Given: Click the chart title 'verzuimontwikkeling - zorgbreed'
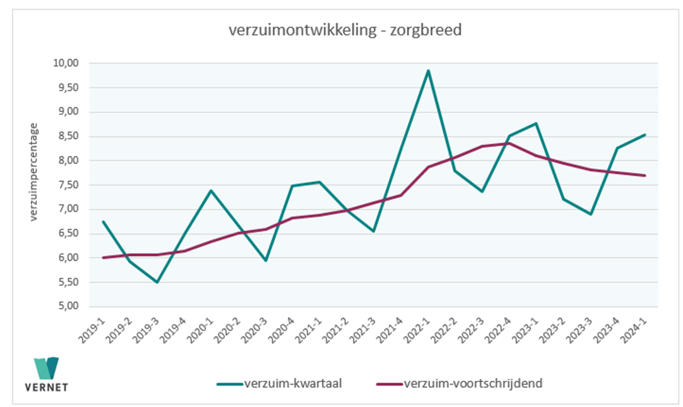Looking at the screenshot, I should pyautogui.click(x=345, y=30).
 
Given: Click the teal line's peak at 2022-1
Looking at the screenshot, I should pyautogui.click(x=428, y=70).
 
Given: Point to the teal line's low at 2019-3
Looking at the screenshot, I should pyautogui.click(x=157, y=282).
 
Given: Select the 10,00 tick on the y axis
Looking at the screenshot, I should pyautogui.click(x=67, y=63).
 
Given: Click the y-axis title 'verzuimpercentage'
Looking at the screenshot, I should pyautogui.click(x=34, y=172).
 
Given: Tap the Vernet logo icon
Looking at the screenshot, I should pyautogui.click(x=46, y=368).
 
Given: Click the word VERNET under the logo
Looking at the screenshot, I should pyautogui.click(x=46, y=387).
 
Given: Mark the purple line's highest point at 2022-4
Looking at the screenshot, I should pyautogui.click(x=510, y=143).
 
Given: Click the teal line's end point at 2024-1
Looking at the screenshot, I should pyautogui.click(x=645, y=135).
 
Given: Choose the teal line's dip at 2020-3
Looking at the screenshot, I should pyautogui.click(x=265, y=260).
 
